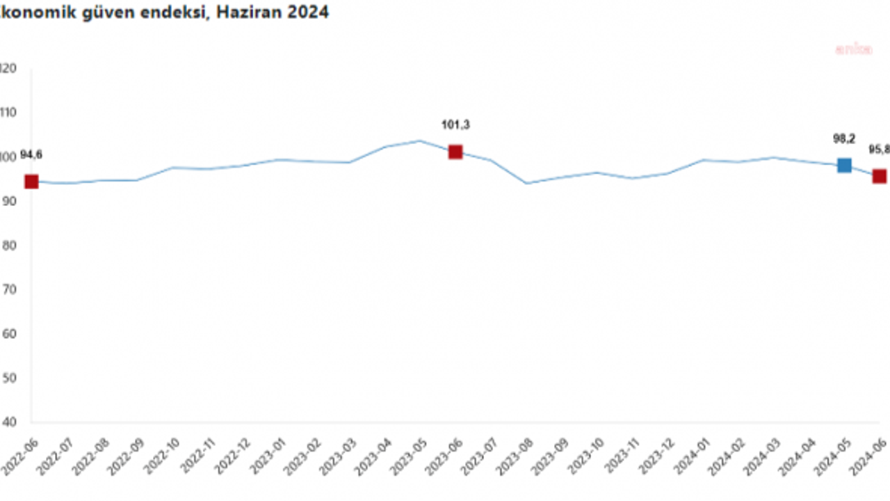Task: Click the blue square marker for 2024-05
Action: pos(844,166)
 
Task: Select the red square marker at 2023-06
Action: pos(455,152)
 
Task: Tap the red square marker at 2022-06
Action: pos(31,182)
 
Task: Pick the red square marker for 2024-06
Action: pos(880,176)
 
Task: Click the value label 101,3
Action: pos(455,125)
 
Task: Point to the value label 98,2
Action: pos(844,139)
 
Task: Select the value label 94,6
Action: pos(31,155)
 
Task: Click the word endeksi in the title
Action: pos(178,12)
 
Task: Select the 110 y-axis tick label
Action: pos(8,113)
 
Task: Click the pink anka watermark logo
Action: pos(853,49)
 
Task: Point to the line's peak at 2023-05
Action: pos(420,141)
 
